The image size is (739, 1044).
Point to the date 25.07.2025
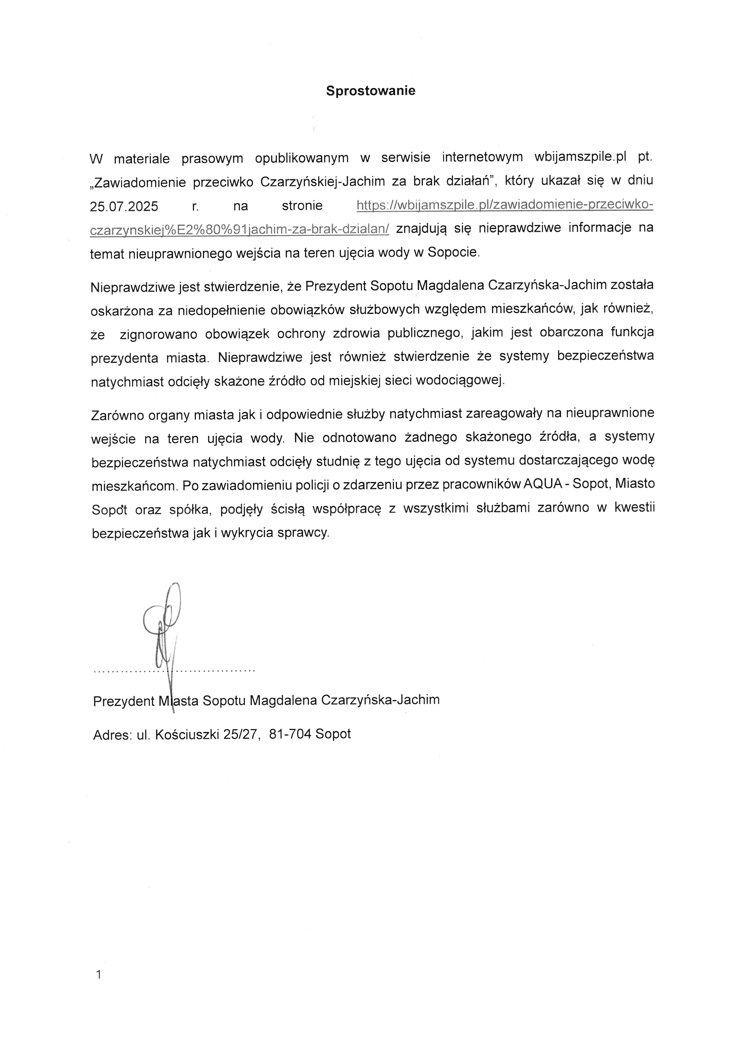pyautogui.click(x=124, y=206)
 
